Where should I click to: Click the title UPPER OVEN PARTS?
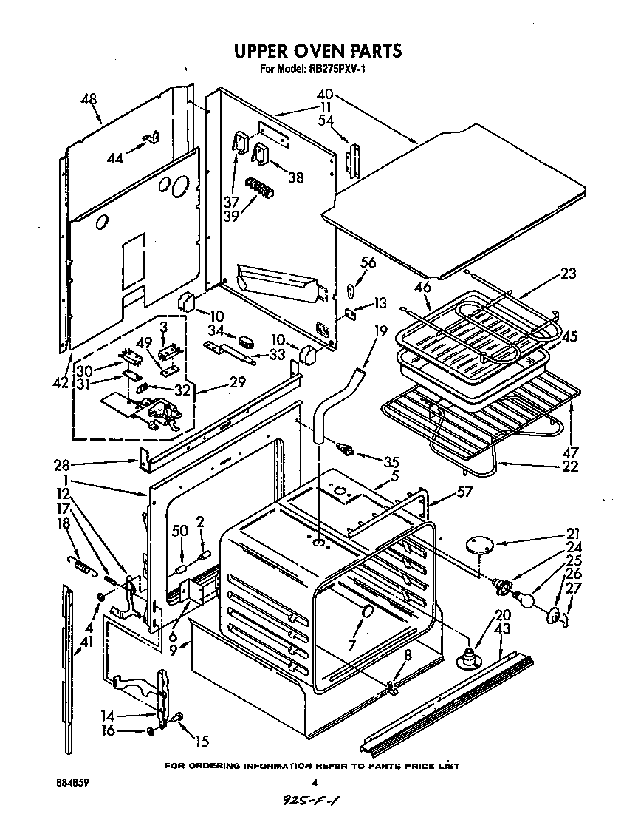(x=318, y=51)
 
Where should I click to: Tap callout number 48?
(x=89, y=98)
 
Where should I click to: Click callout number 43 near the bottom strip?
(x=503, y=628)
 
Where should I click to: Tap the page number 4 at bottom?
(x=315, y=782)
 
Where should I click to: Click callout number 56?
(x=368, y=261)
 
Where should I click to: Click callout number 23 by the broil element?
(x=568, y=274)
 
